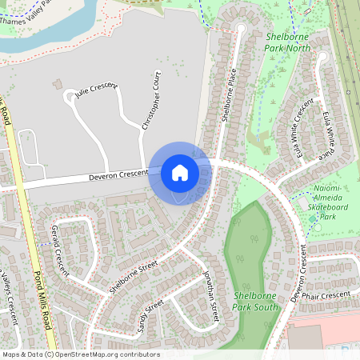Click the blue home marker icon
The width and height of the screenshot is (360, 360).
pyautogui.click(x=179, y=173)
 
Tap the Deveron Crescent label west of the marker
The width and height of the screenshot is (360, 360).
pyautogui.click(x=118, y=174)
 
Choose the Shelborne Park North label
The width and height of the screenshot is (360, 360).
pyautogui.click(x=287, y=42)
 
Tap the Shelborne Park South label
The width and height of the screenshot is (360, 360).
pyautogui.click(x=256, y=301)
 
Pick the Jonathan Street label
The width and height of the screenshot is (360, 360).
pyautogui.click(x=210, y=296)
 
